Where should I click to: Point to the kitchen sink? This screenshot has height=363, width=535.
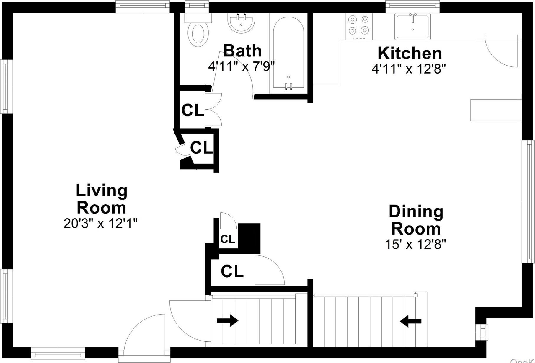412,26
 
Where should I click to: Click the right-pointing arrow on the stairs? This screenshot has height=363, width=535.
227,320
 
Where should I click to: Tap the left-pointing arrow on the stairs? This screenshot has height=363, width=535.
411,321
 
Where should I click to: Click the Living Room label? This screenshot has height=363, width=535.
102,199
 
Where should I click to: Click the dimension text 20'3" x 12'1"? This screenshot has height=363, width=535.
101,224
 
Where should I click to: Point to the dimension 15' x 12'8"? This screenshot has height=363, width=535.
415,244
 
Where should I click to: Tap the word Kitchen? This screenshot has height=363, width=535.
410,53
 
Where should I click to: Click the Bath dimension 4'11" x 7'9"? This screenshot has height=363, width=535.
241,66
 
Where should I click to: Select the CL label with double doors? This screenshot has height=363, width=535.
192,110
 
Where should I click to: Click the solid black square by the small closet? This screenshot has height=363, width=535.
249,238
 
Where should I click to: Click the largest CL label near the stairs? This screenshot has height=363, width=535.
232,271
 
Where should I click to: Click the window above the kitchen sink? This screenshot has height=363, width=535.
412,6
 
